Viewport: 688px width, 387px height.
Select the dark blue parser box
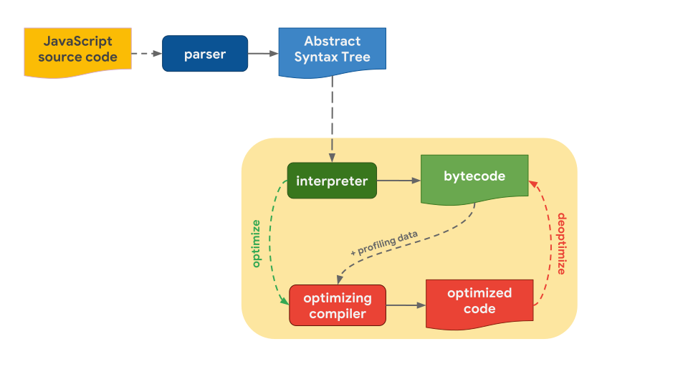205,54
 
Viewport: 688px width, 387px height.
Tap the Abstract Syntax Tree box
332,51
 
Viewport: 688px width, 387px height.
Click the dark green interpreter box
331,181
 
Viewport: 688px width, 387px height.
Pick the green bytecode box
474,178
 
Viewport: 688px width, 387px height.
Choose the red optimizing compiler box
337,305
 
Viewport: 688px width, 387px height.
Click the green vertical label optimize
257,244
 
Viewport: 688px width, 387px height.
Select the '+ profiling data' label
384,244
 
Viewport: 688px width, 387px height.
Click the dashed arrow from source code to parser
147,54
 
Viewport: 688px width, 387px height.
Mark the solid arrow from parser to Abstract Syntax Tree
263,54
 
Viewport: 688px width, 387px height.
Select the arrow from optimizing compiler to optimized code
406,305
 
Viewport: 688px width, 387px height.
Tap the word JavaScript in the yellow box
77,42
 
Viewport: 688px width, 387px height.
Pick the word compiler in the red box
337,314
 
